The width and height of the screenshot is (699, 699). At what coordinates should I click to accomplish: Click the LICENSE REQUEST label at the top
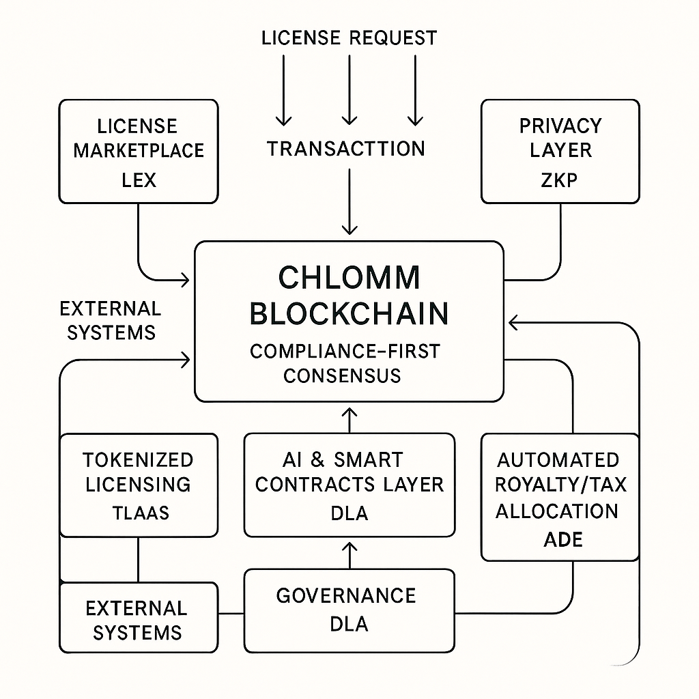tap(349, 38)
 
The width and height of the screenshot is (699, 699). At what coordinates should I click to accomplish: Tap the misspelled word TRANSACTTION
tap(345, 148)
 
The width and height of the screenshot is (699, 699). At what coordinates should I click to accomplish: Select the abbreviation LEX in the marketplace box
tap(139, 180)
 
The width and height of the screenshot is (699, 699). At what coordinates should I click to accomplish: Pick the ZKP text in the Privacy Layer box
tap(560, 180)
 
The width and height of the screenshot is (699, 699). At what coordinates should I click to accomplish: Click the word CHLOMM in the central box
tap(349, 277)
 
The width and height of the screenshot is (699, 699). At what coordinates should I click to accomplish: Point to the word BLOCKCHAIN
tap(349, 313)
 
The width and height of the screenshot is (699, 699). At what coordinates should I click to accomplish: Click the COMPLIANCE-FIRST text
tap(345, 351)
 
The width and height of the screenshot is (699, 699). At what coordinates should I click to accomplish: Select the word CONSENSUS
tap(342, 375)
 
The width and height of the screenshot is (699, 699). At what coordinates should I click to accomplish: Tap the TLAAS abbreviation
tap(139, 513)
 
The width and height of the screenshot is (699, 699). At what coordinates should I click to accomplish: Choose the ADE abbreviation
tap(563, 539)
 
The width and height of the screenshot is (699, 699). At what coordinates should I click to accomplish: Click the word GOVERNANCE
tap(346, 595)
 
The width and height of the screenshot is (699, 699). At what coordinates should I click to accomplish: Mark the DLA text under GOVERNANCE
tap(349, 624)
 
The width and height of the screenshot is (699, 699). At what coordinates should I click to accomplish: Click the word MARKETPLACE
tap(139, 150)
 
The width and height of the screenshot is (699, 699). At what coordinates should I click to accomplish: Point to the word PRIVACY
tap(560, 126)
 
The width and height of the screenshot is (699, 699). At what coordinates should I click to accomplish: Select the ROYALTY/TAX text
tap(560, 485)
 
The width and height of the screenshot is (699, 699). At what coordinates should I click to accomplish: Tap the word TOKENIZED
tap(139, 459)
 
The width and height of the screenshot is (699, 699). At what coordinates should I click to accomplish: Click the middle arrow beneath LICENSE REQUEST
tap(349, 89)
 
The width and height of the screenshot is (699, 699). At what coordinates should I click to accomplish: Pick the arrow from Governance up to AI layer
tap(349, 554)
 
